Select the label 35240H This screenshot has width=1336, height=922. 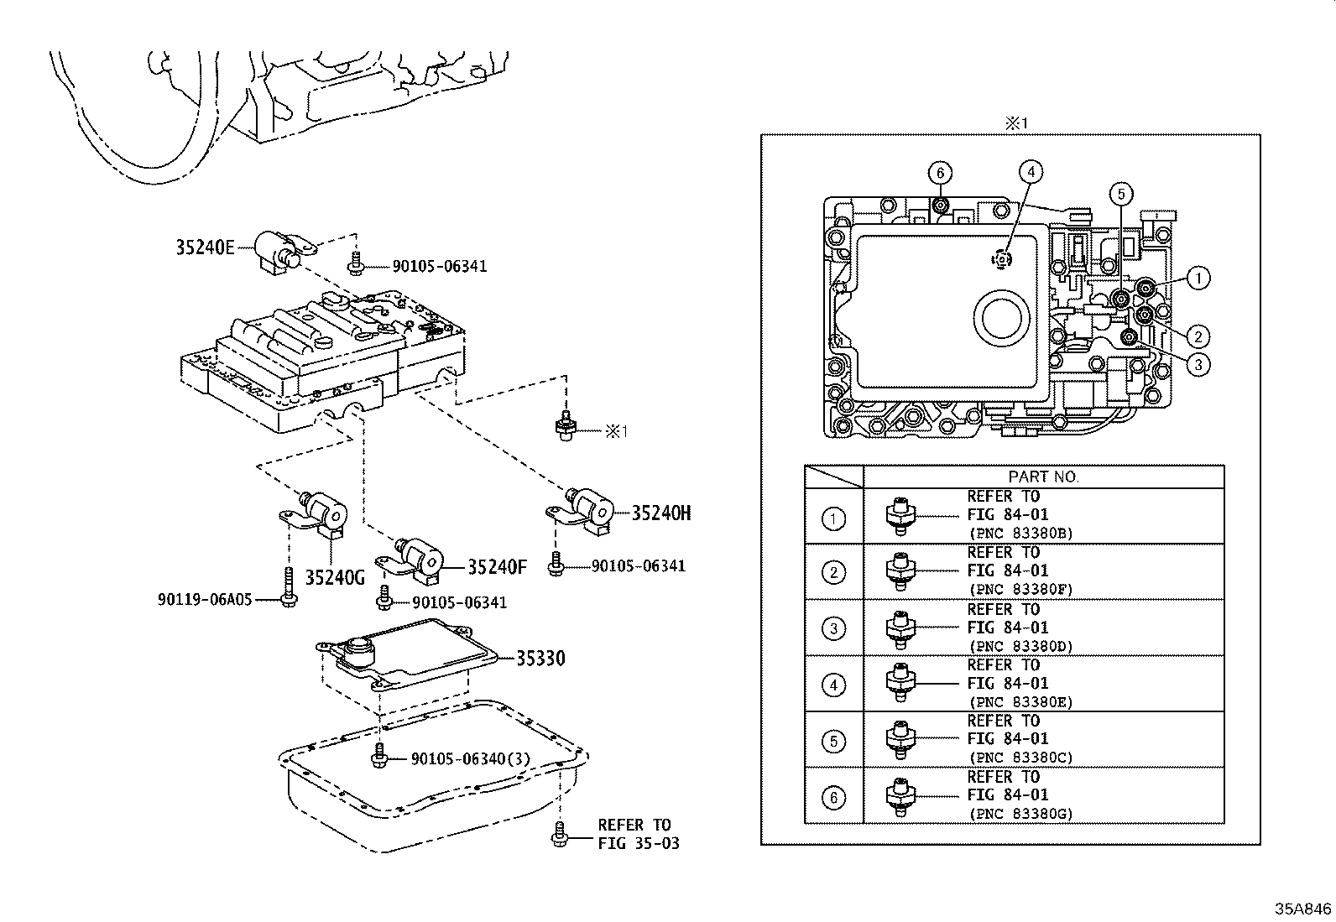661,513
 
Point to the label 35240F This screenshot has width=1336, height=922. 497,567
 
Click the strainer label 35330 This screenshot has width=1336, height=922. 540,659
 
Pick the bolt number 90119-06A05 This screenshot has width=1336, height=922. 205,600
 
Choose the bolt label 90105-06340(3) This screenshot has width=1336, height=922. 471,759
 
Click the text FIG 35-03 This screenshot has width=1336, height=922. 639,843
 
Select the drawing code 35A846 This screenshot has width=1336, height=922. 1303,909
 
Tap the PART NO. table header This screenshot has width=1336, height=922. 1043,477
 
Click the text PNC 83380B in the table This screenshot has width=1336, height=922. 1020,533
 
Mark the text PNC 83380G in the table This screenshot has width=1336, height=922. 1020,813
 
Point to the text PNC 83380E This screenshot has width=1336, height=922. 1020,702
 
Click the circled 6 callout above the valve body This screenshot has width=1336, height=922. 940,174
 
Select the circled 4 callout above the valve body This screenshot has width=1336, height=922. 1031,172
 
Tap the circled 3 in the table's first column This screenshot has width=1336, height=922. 833,628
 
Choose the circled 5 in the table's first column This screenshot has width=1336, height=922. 833,742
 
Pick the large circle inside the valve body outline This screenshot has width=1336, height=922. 1001,320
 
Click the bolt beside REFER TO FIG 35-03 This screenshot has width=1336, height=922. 560,834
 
